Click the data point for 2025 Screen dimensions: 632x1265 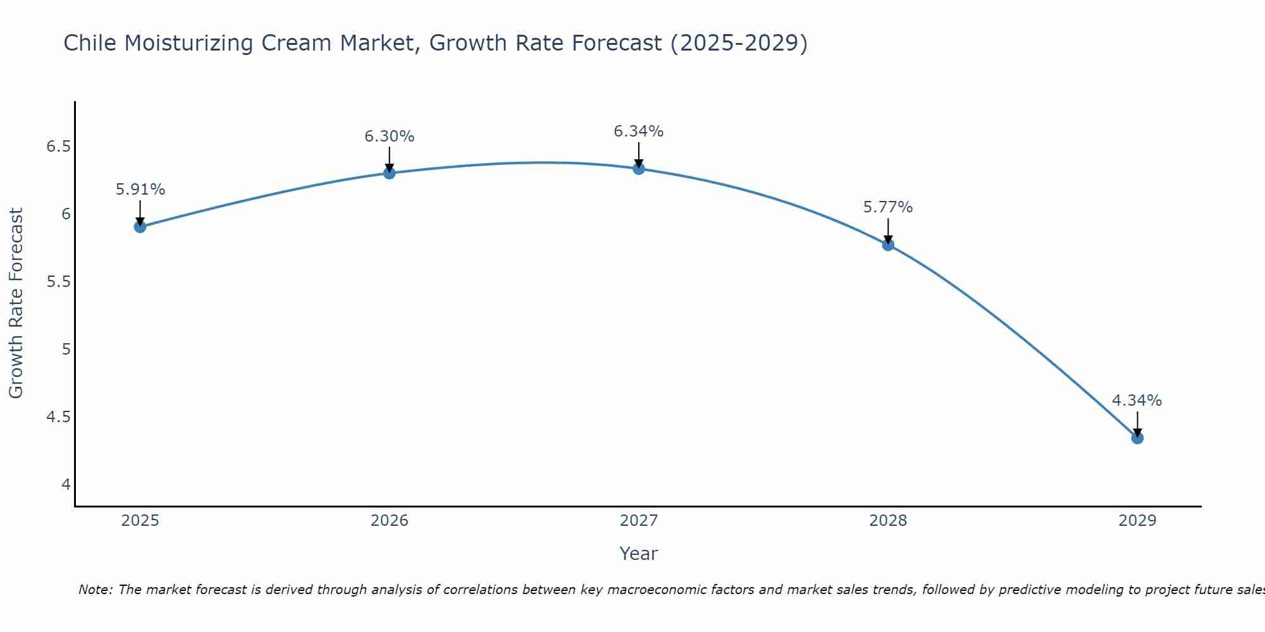140,227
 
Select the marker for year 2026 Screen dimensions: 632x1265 390,173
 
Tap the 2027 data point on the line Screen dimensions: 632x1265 639,169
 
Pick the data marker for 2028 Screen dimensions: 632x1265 888,245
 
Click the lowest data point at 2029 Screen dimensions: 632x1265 1137,438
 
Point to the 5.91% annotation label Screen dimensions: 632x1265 140,190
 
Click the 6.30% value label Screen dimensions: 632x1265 390,137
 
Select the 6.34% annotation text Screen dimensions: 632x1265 639,131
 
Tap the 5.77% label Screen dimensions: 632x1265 888,207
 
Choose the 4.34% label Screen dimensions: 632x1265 1137,401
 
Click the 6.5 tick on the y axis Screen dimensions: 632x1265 58,147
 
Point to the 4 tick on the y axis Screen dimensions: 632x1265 66,485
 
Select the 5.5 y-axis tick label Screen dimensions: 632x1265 58,282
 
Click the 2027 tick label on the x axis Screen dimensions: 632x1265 639,521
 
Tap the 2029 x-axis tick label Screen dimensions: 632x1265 1137,521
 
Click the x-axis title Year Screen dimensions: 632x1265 639,554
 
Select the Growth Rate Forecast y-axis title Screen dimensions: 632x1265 16,303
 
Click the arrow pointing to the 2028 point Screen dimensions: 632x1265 888,231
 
